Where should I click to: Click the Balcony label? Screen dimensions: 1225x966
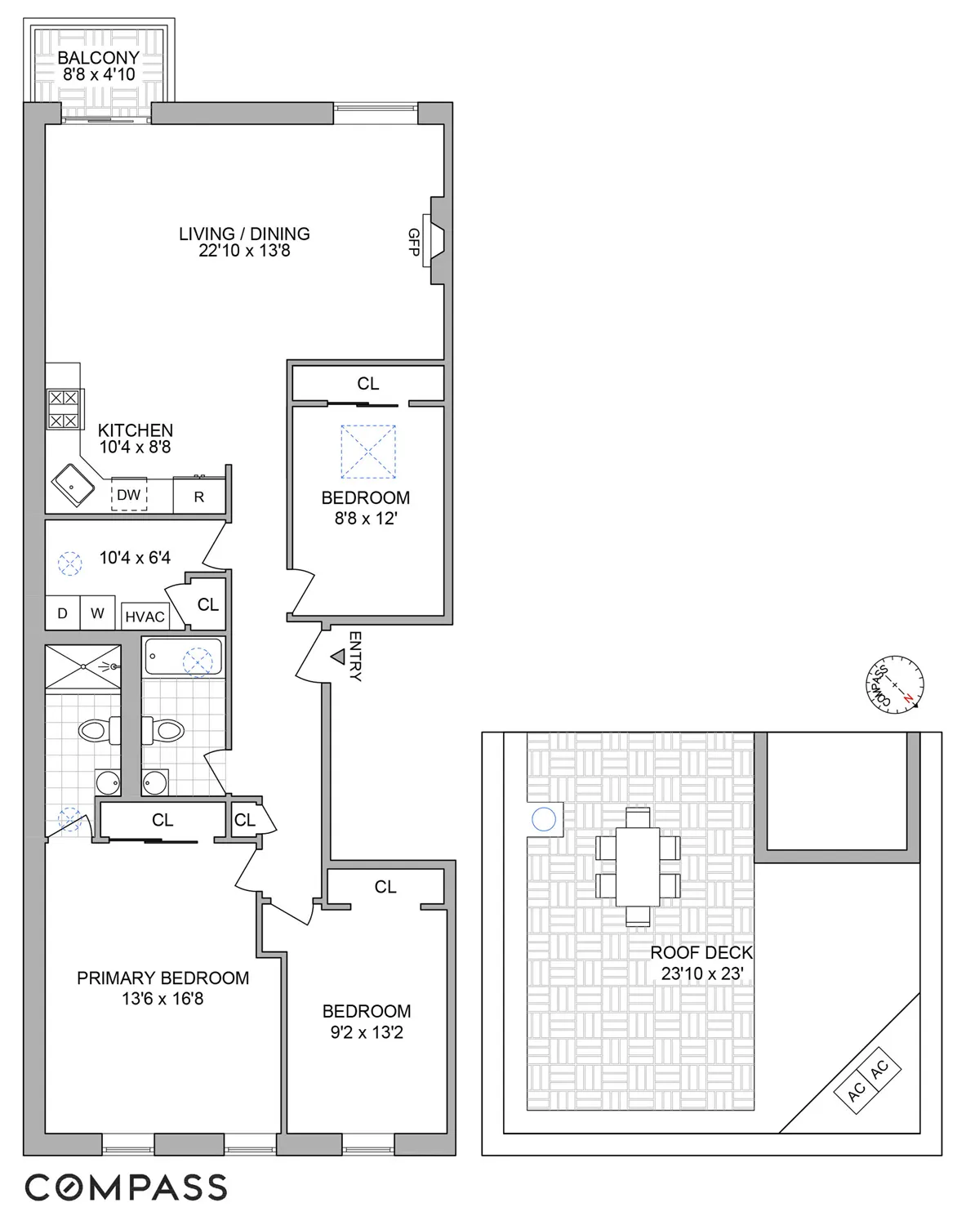[x=98, y=58]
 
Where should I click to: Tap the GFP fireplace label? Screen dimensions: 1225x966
[x=413, y=242]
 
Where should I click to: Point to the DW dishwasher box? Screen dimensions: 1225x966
[x=129, y=495]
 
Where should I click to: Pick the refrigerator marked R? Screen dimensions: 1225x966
[x=199, y=497]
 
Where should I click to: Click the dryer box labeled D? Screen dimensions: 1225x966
[x=62, y=613]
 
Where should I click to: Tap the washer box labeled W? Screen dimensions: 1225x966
[x=98, y=613]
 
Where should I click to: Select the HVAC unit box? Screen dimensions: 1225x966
[x=145, y=617]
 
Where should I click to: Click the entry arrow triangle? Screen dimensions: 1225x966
[x=336, y=656]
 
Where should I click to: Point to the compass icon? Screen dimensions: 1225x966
[x=894, y=684]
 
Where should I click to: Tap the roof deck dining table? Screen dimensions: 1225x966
[x=638, y=866]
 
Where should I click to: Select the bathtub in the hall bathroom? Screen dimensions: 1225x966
[x=184, y=658]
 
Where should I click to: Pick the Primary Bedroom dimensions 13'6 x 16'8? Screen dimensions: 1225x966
[x=163, y=998]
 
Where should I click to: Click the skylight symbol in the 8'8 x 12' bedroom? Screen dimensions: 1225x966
[x=368, y=451]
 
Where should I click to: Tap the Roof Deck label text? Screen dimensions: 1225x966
[x=701, y=953]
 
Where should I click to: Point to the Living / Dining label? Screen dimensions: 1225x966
[x=244, y=234]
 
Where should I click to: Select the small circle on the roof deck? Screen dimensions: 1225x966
[x=543, y=819]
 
